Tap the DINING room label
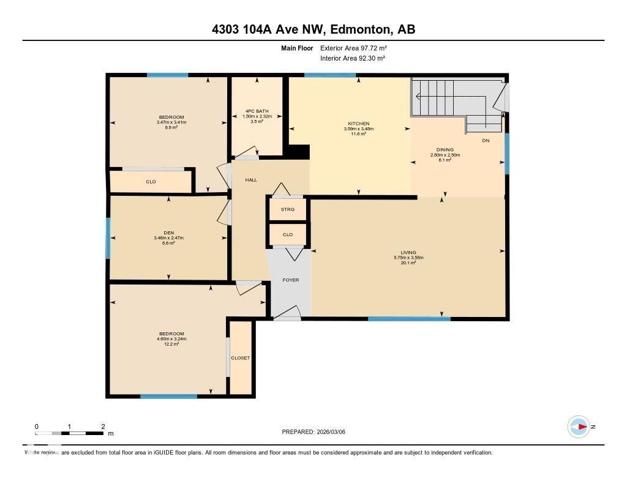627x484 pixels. click(445, 149)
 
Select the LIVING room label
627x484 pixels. click(408, 252)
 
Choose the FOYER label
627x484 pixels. click(290, 280)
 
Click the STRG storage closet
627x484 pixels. click(288, 209)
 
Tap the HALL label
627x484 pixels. click(251, 180)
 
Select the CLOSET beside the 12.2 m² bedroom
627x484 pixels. click(240, 358)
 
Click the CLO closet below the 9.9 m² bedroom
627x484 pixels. click(151, 182)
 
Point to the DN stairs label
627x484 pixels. click(486, 140)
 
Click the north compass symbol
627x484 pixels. click(579, 426)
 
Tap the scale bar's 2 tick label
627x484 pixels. click(103, 426)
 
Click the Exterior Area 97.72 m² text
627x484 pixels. click(354, 48)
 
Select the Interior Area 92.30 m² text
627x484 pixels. click(353, 58)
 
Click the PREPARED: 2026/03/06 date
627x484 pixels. click(317, 432)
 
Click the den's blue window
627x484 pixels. click(108, 238)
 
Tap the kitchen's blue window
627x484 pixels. click(330, 75)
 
